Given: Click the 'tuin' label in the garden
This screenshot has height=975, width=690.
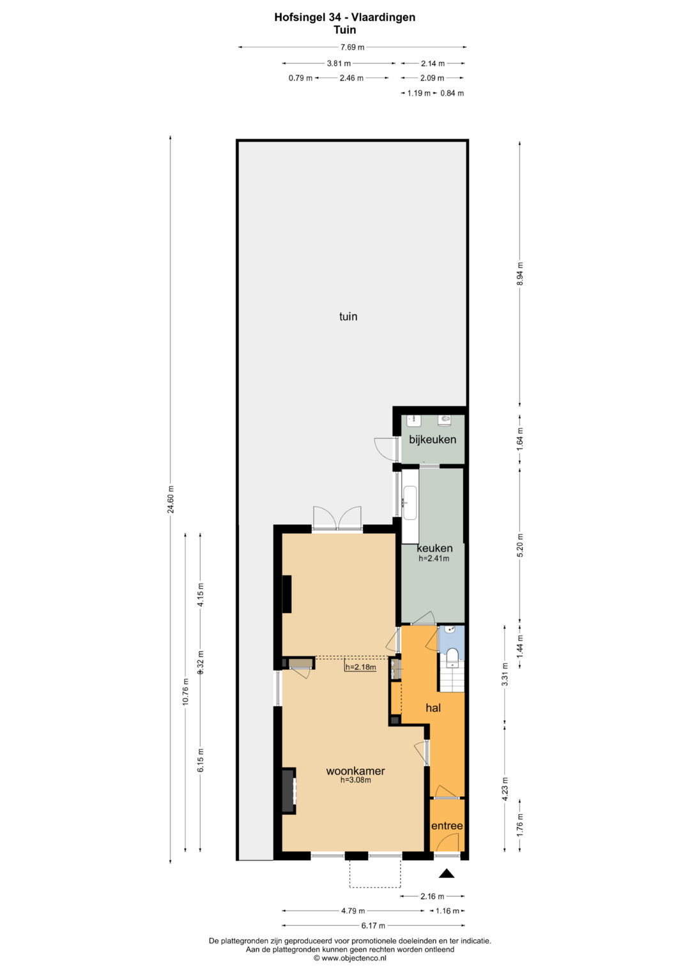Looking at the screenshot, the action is click(348, 317).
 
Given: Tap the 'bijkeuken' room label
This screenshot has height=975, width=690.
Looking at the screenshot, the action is click(432, 439).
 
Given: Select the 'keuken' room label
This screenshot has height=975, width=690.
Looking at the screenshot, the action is click(434, 548).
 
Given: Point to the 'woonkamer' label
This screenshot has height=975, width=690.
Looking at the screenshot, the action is click(355, 771).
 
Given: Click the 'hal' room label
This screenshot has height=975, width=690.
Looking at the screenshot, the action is click(433, 707).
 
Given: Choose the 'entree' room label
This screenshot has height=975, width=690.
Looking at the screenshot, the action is click(447, 826).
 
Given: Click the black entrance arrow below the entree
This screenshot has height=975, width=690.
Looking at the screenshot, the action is click(447, 873).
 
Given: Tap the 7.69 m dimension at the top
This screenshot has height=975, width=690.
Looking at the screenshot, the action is click(353, 47).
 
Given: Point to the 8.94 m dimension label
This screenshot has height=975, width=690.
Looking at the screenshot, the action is click(519, 273).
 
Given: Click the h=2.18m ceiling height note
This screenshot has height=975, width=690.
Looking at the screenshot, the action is click(360, 667).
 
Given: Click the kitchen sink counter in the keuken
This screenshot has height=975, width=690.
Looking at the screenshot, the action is click(410, 505).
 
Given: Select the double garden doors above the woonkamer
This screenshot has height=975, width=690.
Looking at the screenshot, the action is click(337, 518).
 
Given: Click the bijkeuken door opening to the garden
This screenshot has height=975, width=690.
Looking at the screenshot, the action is click(387, 450).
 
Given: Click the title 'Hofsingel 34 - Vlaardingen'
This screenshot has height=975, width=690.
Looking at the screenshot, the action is click(344, 17).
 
